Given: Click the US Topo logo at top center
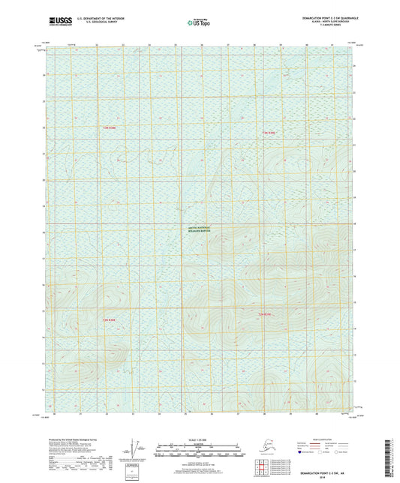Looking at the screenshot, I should coord(197,23).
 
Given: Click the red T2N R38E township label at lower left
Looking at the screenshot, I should coord(110,320).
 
